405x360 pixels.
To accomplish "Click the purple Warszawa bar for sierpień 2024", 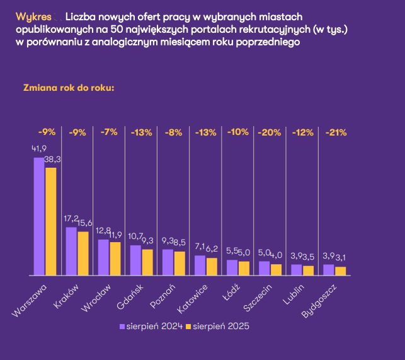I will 39,216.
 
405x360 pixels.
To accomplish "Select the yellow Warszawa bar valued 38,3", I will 50,221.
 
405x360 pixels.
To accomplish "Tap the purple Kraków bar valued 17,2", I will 71,251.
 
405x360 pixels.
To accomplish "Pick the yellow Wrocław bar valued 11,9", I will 115,258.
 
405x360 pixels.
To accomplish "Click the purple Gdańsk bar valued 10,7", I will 135,260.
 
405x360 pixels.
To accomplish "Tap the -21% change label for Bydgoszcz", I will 336,132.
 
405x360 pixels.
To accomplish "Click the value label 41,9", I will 40,149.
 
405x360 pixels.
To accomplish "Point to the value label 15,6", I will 85,223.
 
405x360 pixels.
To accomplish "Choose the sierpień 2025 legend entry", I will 217,327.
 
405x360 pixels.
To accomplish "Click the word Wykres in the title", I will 30,15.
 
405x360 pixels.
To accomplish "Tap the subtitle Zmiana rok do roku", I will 69,88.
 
